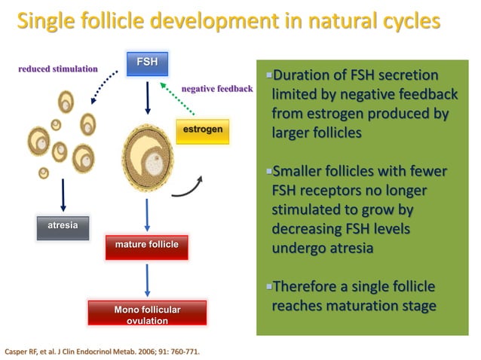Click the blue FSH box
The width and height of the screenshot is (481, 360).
coord(147,63)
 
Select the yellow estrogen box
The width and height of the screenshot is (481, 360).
coord(201,131)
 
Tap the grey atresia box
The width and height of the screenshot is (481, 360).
coord(63,227)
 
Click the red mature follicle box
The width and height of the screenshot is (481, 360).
coord(146,246)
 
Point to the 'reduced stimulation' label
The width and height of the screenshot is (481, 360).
coord(58,69)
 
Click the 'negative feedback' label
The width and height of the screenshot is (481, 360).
coord(217,88)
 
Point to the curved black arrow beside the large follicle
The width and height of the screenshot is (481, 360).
coord(189,187)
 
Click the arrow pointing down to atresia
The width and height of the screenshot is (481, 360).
coord(63,193)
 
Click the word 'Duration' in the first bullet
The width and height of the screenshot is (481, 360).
coord(302,76)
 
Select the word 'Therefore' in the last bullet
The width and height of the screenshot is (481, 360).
coord(306,288)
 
